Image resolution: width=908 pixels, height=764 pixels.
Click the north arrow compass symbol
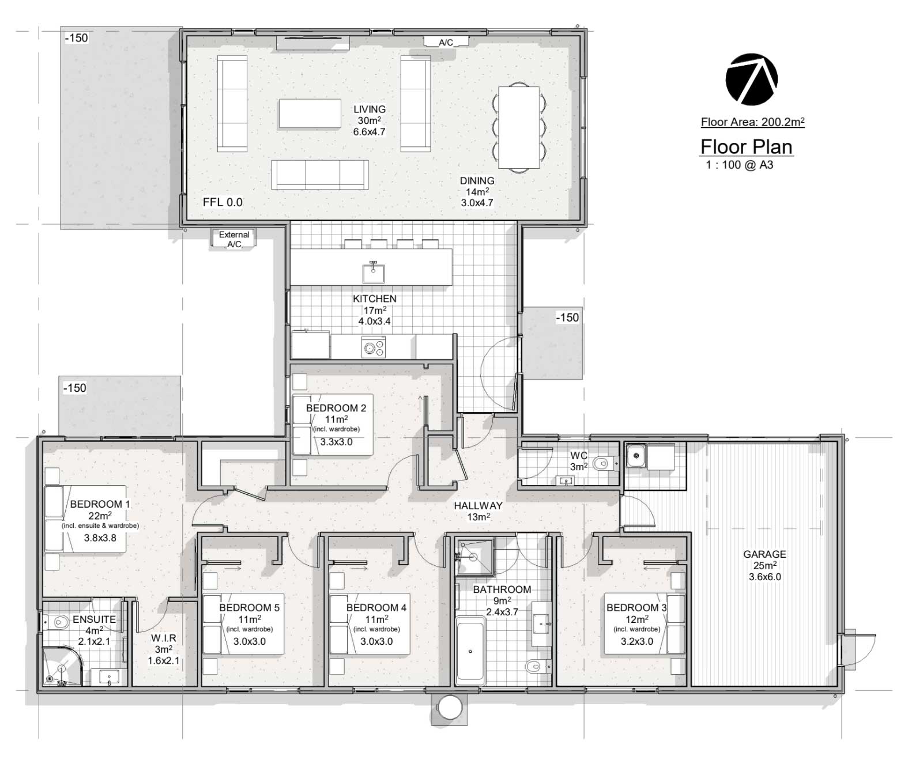(x=751, y=80)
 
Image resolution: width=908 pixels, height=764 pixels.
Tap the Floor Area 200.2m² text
(x=752, y=122)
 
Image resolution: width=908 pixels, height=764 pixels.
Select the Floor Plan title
(x=746, y=147)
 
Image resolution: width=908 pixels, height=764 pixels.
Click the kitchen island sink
(x=374, y=272)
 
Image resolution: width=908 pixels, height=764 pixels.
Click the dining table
(x=519, y=127)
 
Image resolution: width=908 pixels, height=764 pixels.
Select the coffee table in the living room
(x=310, y=114)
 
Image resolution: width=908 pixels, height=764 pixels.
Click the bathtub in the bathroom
(x=470, y=650)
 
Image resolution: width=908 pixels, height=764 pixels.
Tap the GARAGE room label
(x=764, y=554)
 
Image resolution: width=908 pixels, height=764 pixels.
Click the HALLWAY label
(x=478, y=505)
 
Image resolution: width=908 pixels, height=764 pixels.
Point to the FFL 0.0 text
(x=223, y=202)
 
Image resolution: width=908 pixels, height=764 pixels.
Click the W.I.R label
(x=164, y=638)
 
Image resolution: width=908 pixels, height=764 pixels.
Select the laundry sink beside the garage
(x=636, y=455)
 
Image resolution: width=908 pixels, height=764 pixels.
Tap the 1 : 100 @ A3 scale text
(x=739, y=165)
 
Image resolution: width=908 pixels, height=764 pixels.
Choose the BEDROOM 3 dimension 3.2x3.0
(x=636, y=641)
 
